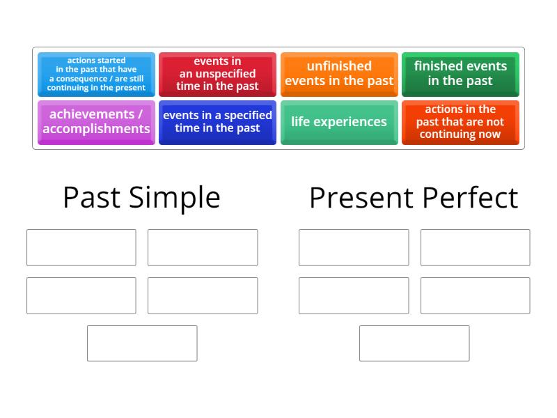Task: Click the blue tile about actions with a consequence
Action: (97, 75)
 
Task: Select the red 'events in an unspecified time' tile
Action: (217, 75)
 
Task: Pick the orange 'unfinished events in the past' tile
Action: (339, 75)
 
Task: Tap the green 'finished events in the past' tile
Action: (460, 75)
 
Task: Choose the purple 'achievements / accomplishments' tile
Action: (97, 122)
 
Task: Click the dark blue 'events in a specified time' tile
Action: (217, 122)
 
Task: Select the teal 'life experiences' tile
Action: (339, 122)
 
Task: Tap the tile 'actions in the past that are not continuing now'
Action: (460, 122)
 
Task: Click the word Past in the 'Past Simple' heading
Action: (91, 198)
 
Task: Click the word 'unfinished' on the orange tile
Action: (339, 66)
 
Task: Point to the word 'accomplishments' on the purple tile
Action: (97, 129)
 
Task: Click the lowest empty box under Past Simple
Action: (142, 343)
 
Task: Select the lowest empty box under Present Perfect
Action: (414, 343)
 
